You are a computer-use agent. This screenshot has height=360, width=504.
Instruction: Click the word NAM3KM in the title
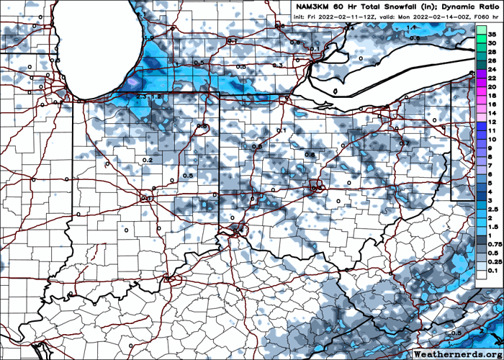[315, 6]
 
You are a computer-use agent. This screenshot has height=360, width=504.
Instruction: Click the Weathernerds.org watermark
[458, 354]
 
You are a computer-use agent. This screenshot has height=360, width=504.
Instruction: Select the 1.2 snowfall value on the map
[155, 96]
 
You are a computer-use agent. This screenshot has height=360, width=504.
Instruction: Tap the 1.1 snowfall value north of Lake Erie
[413, 27]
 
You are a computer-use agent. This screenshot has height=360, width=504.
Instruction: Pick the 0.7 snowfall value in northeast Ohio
[404, 143]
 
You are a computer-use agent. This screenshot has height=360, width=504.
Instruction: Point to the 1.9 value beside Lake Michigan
[149, 37]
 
